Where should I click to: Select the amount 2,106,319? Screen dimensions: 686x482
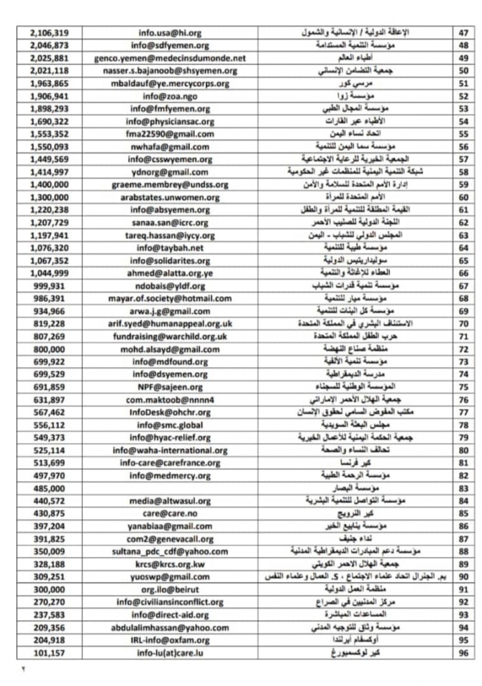[50, 33]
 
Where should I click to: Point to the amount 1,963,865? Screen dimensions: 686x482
[50, 84]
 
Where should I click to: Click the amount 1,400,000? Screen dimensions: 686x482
[50, 184]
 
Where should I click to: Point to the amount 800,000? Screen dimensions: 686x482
[50, 348]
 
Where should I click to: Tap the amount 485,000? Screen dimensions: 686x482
[50, 487]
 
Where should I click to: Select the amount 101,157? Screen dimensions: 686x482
[50, 652]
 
